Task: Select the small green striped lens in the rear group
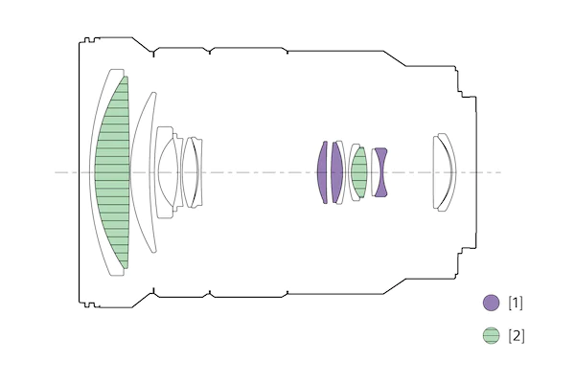click(x=359, y=172)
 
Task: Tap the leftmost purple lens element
click(x=322, y=172)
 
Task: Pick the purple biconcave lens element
click(x=381, y=172)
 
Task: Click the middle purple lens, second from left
click(x=336, y=172)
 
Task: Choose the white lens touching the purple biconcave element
click(x=375, y=172)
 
